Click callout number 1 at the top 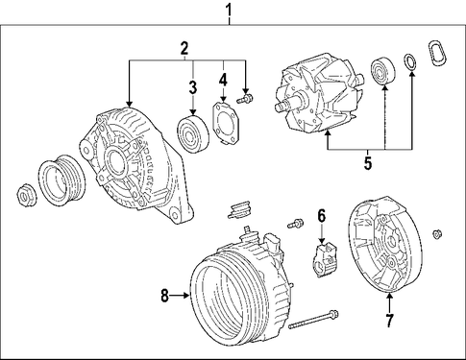pyautogui.click(x=229, y=10)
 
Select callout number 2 pyautogui.click(x=184, y=49)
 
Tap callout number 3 pyautogui.click(x=192, y=87)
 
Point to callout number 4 pyautogui.click(x=223, y=80)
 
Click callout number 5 pyautogui.click(x=368, y=163)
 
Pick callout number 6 pyautogui.click(x=322, y=216)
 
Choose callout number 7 pyautogui.click(x=389, y=321)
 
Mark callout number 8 pyautogui.click(x=164, y=296)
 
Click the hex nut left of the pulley pyautogui.click(x=26, y=196)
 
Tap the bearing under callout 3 pyautogui.click(x=193, y=134)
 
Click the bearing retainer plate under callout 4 pyautogui.click(x=226, y=124)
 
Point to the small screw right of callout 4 pyautogui.click(x=245, y=98)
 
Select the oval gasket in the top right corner pyautogui.click(x=437, y=54)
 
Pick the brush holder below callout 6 pyautogui.click(x=326, y=259)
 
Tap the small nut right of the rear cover pyautogui.click(x=437, y=234)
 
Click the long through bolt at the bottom pyautogui.click(x=313, y=320)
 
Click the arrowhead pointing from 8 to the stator pyautogui.click(x=187, y=296)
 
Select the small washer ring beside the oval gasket pyautogui.click(x=410, y=62)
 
